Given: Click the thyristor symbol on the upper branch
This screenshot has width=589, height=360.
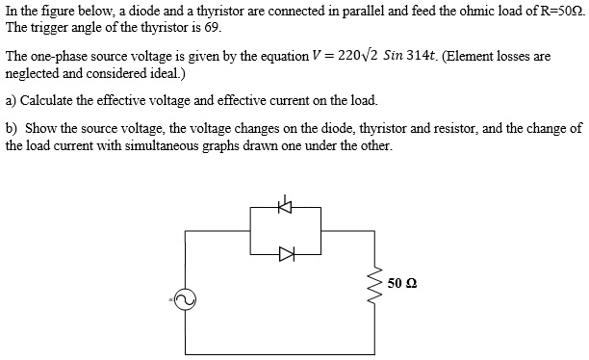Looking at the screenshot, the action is point(284,206).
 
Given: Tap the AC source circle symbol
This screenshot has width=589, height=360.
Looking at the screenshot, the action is point(185,300).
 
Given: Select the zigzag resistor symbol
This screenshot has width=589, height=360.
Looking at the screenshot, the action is point(371,283).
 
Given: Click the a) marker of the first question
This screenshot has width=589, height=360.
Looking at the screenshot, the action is point(11,99).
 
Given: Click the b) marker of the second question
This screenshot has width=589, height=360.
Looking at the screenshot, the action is point(11,128).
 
